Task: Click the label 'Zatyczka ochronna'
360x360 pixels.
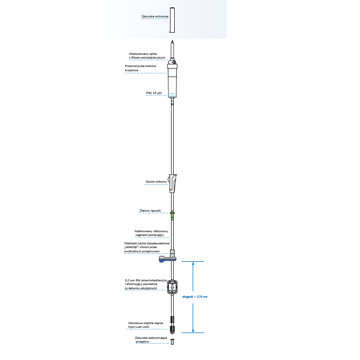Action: (x=155, y=17)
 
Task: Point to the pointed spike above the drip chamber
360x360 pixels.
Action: (x=173, y=49)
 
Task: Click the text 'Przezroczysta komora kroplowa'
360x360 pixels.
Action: (x=140, y=68)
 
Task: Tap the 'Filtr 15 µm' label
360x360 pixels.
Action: (x=154, y=92)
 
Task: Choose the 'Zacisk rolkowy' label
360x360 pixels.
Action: (x=156, y=182)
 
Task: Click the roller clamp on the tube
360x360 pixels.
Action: (x=173, y=183)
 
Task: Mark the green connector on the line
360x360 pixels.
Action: (x=173, y=215)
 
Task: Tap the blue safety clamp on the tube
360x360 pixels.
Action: (x=164, y=259)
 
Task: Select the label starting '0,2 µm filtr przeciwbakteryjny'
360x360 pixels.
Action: (x=145, y=283)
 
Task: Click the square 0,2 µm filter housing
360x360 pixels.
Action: (x=173, y=287)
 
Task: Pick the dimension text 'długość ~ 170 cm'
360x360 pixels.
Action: (x=195, y=297)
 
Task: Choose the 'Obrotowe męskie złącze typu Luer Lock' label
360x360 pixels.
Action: (x=145, y=325)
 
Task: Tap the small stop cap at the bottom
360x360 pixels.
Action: (x=173, y=342)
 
